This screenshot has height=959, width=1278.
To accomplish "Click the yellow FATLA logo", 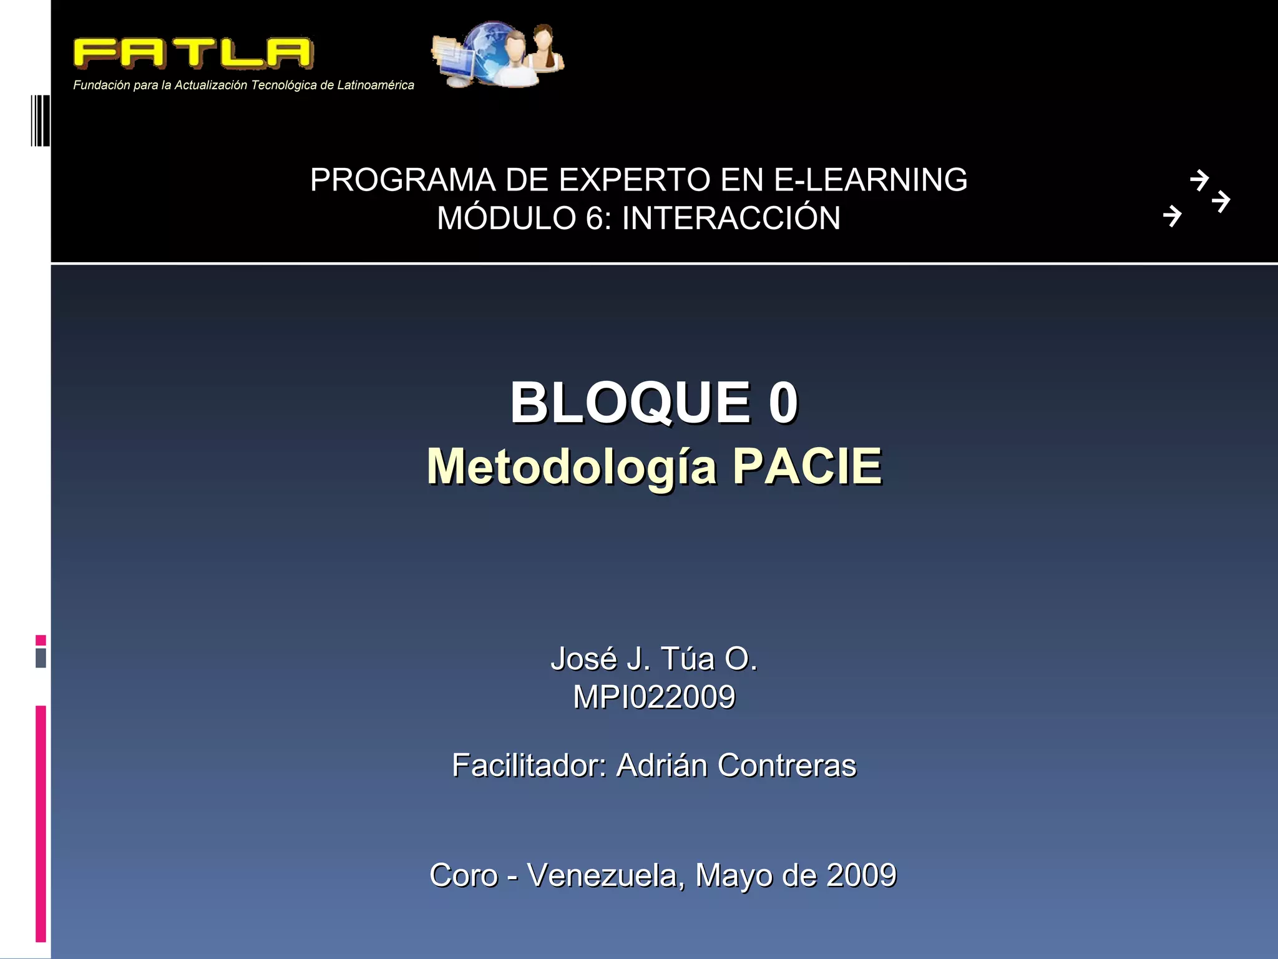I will pyautogui.click(x=193, y=53).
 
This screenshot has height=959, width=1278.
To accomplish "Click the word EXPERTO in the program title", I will pyautogui.click(x=634, y=180).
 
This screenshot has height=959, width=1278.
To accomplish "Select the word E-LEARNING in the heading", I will pyautogui.click(x=871, y=180).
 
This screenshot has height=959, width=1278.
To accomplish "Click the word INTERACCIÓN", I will pyautogui.click(x=731, y=219).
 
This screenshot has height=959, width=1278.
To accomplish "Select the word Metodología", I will pyautogui.click(x=572, y=467).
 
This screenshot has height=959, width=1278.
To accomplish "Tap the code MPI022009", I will pyautogui.click(x=654, y=697).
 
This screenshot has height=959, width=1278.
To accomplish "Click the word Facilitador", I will pyautogui.click(x=529, y=765).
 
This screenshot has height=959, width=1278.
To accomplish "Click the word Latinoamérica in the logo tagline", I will pyautogui.click(x=375, y=86).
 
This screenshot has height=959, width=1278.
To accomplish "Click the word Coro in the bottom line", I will pyautogui.click(x=464, y=875).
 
